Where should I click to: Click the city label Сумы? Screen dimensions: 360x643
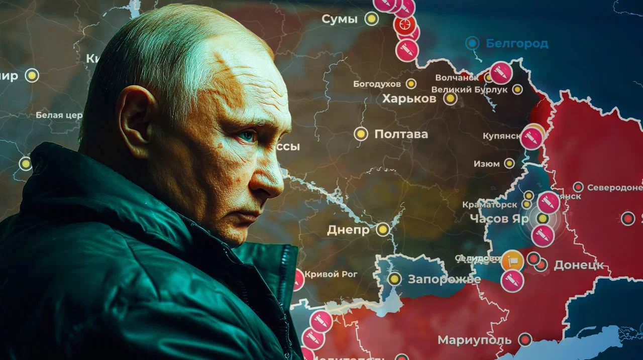(x=340, y=20)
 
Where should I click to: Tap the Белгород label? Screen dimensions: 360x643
(x=517, y=44)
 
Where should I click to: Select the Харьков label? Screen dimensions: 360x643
(x=409, y=98)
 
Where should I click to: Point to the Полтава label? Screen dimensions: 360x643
(x=401, y=134)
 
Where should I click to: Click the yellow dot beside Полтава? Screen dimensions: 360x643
(x=361, y=134)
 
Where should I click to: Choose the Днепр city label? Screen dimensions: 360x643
(x=348, y=230)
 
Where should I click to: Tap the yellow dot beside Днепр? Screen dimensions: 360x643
(x=383, y=229)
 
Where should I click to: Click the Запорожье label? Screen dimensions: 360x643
(x=444, y=280)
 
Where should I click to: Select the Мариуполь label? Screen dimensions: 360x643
(x=474, y=340)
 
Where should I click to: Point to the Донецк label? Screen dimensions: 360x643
(x=578, y=265)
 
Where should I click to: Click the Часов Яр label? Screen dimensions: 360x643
(x=499, y=218)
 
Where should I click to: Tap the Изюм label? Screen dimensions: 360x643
(x=486, y=164)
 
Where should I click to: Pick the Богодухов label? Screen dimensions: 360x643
(x=377, y=84)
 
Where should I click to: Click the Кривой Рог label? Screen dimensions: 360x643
(x=331, y=274)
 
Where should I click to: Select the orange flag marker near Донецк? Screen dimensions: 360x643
(x=512, y=261)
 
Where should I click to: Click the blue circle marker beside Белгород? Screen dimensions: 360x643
(x=472, y=43)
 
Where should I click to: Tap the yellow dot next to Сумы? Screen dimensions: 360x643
(x=371, y=19)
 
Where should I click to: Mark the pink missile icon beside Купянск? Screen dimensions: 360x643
(x=531, y=138)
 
